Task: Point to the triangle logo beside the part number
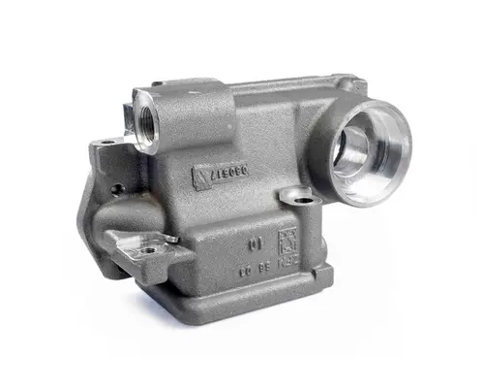click(200, 178)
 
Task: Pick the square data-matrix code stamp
click(287, 240)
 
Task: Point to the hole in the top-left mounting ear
click(107, 143)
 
